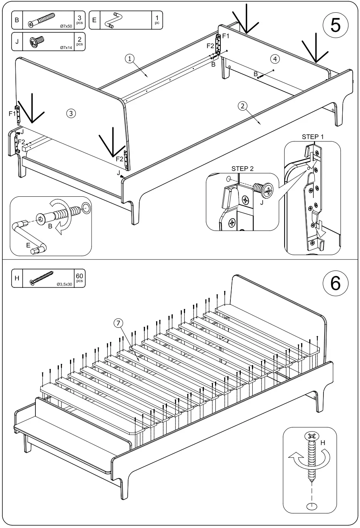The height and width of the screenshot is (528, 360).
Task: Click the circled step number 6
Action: (335, 283)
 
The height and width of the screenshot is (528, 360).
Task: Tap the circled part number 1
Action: (130, 58)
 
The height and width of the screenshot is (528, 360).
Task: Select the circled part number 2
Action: (242, 106)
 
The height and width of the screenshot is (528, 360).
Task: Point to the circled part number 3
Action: (70, 113)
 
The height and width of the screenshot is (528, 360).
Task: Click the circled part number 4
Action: (274, 59)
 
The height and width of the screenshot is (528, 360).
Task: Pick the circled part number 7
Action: (118, 324)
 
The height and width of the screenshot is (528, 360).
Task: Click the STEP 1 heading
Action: (312, 137)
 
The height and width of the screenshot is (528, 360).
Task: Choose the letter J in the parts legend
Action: (17, 42)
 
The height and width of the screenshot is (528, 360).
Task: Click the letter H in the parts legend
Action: (17, 278)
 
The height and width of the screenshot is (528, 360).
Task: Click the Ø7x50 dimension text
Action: (66, 27)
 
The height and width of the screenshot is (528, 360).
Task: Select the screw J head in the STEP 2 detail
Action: (268, 189)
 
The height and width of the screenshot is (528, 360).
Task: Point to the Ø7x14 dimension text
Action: (66, 48)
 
